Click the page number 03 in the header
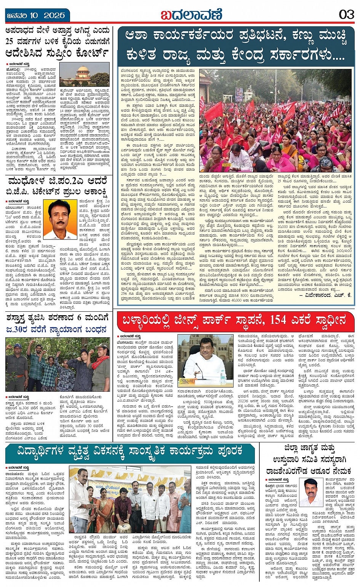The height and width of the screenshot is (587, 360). pyautogui.click(x=346, y=15)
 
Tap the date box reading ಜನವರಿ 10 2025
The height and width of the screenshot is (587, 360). pyautogui.click(x=36, y=16)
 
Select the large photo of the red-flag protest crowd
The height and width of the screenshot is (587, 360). pyautogui.click(x=275, y=120)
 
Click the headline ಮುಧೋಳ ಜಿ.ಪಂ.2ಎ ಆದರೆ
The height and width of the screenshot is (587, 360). pyautogui.click(x=57, y=180)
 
